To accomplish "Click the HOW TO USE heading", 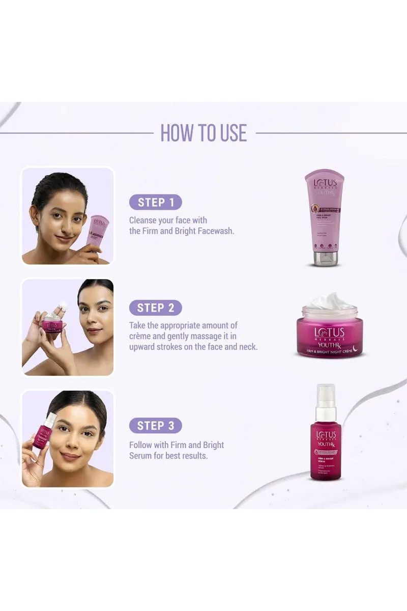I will coord(203,133).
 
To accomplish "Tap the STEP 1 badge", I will coord(155,202).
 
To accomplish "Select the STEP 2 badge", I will coord(155,308).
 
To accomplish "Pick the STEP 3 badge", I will coord(155,425).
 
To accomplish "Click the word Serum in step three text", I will coord(141,455).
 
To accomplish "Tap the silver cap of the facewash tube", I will coord(325,258).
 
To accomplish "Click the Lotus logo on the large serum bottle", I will coord(326,435).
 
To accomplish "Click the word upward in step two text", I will coord(144,347).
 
